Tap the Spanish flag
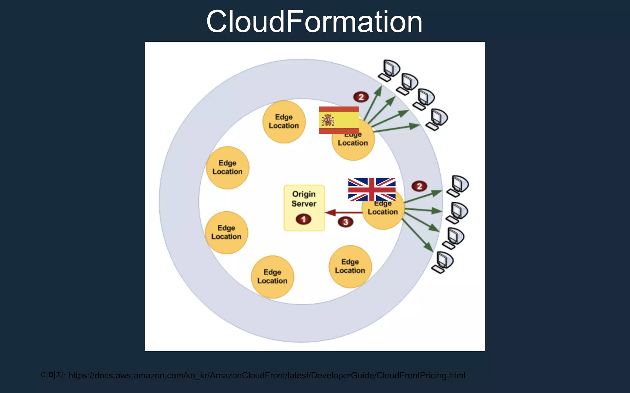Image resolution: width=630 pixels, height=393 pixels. pyautogui.click(x=339, y=120)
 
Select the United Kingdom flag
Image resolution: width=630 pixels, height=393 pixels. pyautogui.click(x=372, y=189)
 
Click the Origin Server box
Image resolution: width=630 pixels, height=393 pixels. pyautogui.click(x=304, y=208)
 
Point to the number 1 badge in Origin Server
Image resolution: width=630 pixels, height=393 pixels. pyautogui.click(x=303, y=219)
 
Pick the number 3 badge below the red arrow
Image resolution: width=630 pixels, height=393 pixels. pyautogui.click(x=345, y=222)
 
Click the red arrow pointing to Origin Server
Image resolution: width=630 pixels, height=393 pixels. pyautogui.click(x=343, y=212)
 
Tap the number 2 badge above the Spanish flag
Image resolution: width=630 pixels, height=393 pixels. pyautogui.click(x=361, y=97)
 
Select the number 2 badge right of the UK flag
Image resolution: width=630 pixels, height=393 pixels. pyautogui.click(x=419, y=186)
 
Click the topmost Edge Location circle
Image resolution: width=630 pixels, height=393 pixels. pyautogui.click(x=284, y=122)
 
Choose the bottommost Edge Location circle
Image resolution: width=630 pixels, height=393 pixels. pyautogui.click(x=272, y=277)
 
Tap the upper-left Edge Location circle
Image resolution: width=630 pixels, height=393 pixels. pyautogui.click(x=227, y=168)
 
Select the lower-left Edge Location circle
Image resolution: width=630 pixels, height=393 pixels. pyautogui.click(x=226, y=232)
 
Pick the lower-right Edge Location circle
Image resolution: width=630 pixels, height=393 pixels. pyautogui.click(x=350, y=266)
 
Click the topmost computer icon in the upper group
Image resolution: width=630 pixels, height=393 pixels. pyautogui.click(x=390, y=70)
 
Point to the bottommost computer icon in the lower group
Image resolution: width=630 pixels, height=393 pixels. pyautogui.click(x=442, y=262)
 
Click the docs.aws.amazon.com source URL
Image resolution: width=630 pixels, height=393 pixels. pyautogui.click(x=267, y=375)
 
